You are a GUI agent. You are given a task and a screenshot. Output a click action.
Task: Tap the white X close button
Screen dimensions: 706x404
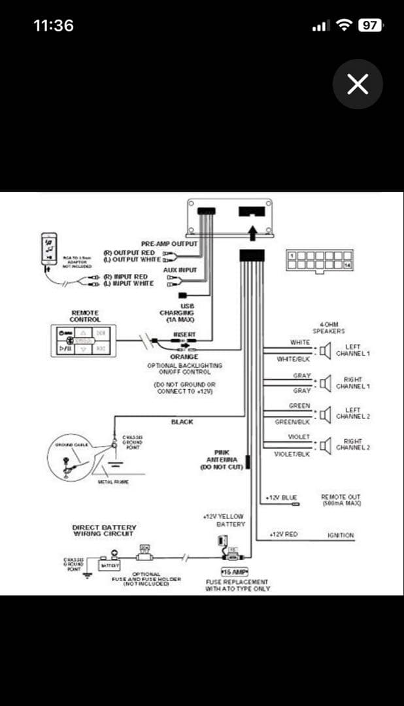point(358,84)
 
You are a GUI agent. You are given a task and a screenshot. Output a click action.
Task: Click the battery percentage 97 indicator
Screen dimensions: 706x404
point(370,25)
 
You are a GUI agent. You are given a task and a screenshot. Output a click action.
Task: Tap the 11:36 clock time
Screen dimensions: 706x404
point(54,25)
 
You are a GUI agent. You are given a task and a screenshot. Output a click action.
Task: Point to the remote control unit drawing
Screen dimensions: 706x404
point(83,340)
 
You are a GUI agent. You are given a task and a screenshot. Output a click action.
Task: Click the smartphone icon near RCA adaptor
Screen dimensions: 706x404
point(49,249)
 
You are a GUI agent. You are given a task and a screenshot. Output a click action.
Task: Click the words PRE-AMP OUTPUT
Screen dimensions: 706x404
point(169,244)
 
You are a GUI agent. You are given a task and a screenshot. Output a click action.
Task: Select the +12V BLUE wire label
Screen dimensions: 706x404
point(282,498)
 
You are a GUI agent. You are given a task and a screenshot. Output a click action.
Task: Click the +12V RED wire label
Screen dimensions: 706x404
point(284,535)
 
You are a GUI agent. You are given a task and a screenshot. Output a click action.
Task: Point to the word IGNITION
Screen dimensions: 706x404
point(341,535)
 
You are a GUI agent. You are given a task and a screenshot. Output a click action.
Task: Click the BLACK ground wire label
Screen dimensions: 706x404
point(182,422)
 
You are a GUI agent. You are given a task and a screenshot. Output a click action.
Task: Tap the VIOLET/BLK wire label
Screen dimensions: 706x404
point(292,454)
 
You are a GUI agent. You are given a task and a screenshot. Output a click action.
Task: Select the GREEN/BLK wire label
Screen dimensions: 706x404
point(292,422)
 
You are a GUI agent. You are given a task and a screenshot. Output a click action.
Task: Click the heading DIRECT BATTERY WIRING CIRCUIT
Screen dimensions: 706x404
point(104,530)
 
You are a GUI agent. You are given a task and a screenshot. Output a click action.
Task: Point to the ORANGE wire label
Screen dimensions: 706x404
point(184,357)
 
